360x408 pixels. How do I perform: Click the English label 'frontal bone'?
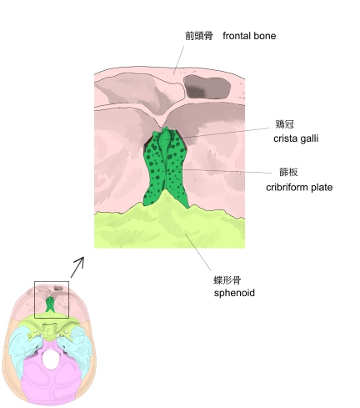coord(249,36)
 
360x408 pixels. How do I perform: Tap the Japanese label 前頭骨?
coord(199,36)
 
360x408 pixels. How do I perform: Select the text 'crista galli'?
coord(296,139)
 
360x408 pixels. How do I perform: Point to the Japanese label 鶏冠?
coord(284,124)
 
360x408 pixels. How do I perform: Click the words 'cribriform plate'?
coord(299,187)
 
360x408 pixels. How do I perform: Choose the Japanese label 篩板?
coord(288,172)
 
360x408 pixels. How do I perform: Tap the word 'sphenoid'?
coord(234,293)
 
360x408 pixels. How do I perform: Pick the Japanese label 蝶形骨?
coord(227,280)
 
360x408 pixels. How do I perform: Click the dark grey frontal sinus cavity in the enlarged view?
coord(207,87)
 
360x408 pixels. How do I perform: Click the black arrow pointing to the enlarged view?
coord(77,267)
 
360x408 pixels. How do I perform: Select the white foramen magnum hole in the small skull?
coord(51,360)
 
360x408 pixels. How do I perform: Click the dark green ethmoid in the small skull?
coord(50,305)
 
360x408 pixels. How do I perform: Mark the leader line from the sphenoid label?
coord(198,252)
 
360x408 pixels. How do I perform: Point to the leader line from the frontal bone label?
coord(179,60)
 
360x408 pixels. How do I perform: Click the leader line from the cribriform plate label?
coord(223,171)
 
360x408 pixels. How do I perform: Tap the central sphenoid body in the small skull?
coord(49,332)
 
